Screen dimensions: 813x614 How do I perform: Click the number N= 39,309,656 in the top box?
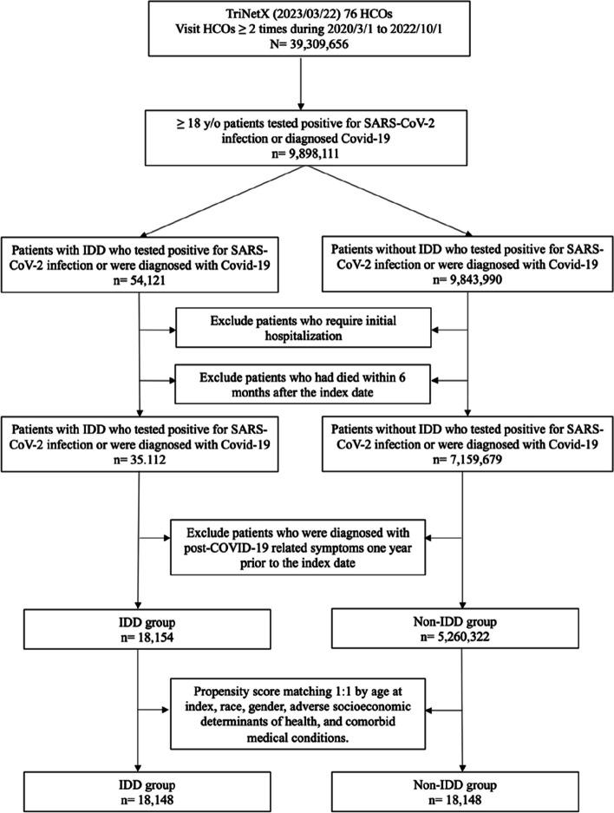(307, 49)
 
